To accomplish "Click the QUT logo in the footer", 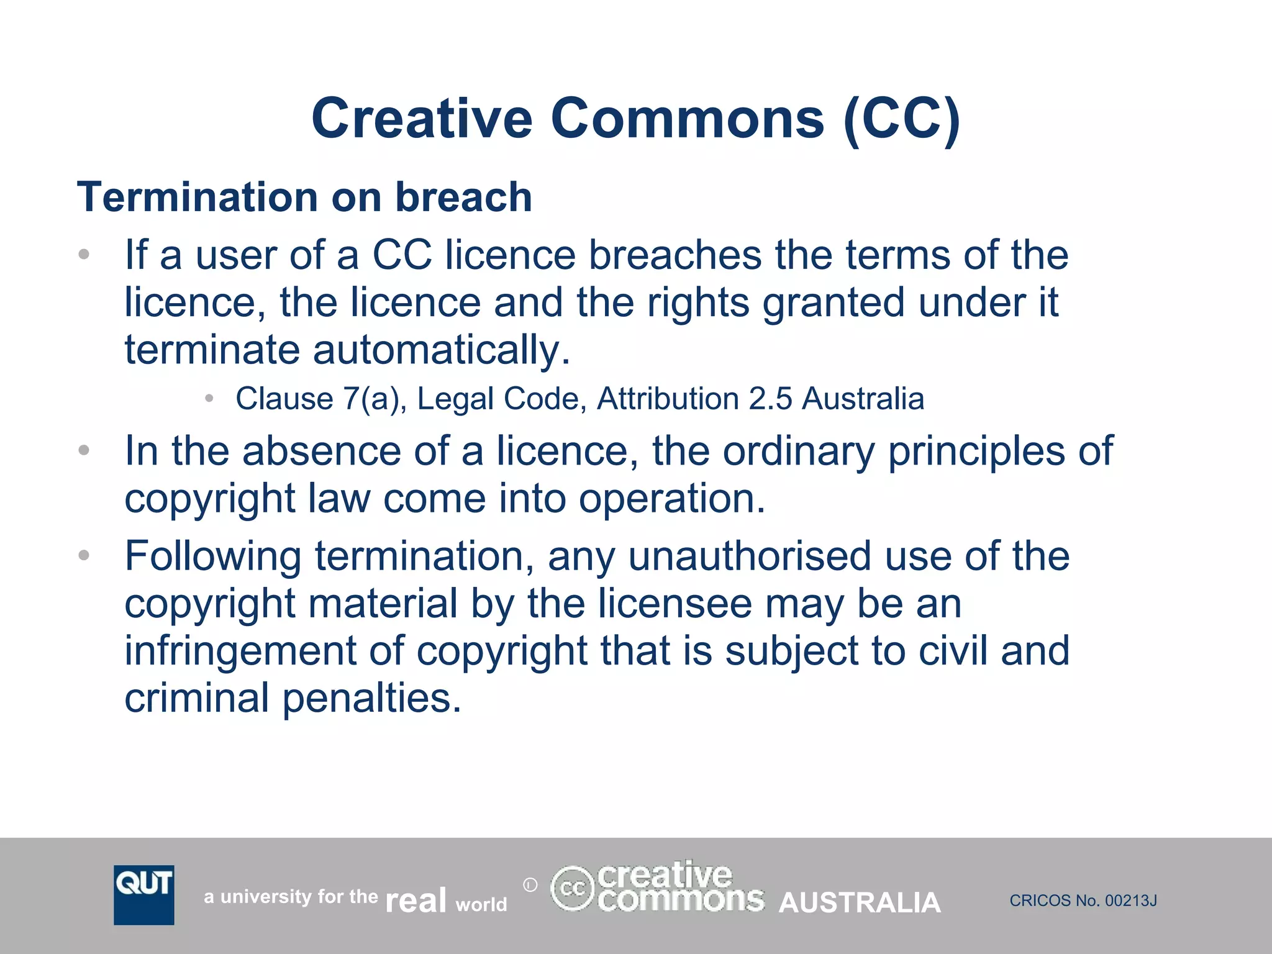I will coord(143,894).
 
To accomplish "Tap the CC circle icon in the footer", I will coord(572,888).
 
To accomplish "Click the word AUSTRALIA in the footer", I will coord(860,902).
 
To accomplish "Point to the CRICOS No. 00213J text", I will coord(1083,901).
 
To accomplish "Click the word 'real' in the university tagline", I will coord(416,900).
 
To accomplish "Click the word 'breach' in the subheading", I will coord(463,197).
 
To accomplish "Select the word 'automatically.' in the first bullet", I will coord(441,350).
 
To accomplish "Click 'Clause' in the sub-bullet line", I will coord(284,398).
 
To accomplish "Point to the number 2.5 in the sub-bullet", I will coord(770,398).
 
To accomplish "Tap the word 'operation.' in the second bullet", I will coord(672,498).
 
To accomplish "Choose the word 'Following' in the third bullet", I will coord(213,556).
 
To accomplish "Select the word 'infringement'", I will coord(240,650).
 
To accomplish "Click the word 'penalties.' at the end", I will coord(372,698).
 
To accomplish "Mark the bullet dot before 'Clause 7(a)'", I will coord(210,398).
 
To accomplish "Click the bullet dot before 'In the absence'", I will coord(84,450).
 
